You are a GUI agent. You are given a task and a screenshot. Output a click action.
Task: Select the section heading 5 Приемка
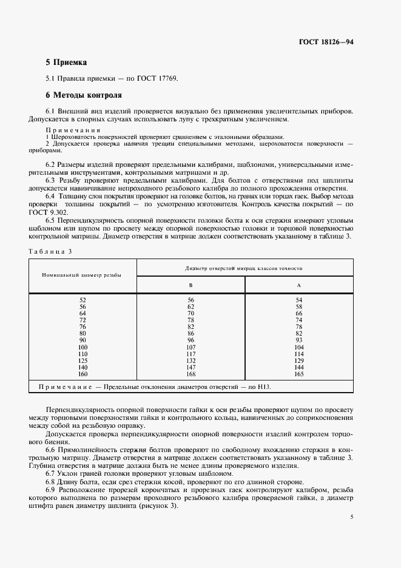point(66,62)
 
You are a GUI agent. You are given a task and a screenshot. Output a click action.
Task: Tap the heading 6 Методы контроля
point(84,95)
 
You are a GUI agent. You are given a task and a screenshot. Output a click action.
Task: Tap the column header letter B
point(191,285)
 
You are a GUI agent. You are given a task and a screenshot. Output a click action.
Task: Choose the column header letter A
point(298,285)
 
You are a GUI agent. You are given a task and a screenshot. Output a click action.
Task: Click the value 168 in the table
point(190,375)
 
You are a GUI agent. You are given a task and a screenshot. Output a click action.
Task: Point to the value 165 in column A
point(298,375)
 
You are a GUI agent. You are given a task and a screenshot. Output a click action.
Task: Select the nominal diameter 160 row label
point(83,375)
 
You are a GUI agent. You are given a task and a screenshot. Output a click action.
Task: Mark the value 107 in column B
point(190,347)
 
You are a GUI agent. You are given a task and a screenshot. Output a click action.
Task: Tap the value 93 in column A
point(298,340)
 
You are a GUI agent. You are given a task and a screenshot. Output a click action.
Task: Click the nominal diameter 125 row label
point(83,361)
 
